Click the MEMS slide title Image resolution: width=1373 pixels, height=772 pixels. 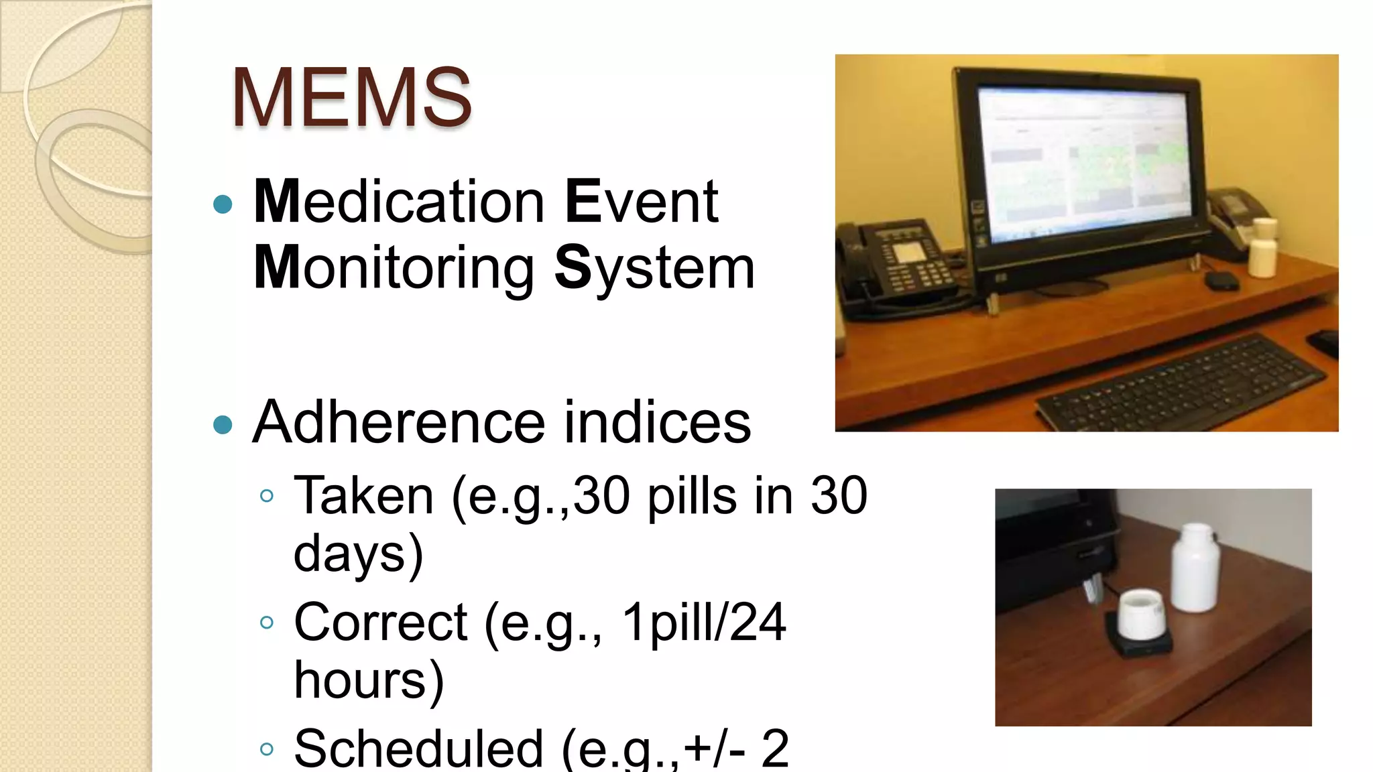pos(351,98)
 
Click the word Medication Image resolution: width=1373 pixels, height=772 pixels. pos(399,202)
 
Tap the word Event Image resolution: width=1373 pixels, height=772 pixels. pos(642,202)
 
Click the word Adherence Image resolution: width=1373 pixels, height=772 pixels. pos(398,423)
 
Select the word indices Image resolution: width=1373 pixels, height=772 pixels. pos(657,423)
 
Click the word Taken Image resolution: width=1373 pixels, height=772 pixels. pos(364,496)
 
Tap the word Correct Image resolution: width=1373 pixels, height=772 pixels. pos(380,623)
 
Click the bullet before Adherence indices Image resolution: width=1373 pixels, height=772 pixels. pos(223,425)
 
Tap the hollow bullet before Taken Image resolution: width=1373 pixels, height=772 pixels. pos(267,497)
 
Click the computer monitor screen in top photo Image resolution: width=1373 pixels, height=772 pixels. pos(1086,157)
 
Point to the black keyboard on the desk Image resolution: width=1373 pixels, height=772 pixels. pos(1180,385)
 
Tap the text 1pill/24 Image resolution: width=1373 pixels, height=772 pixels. pos(703,623)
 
